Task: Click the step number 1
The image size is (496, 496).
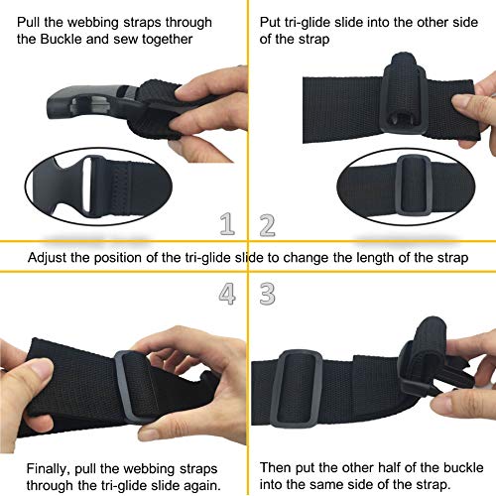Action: (228, 225)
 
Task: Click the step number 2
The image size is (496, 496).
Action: (267, 225)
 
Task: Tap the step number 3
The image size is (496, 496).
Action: (267, 294)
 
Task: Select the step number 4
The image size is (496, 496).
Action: (228, 294)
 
